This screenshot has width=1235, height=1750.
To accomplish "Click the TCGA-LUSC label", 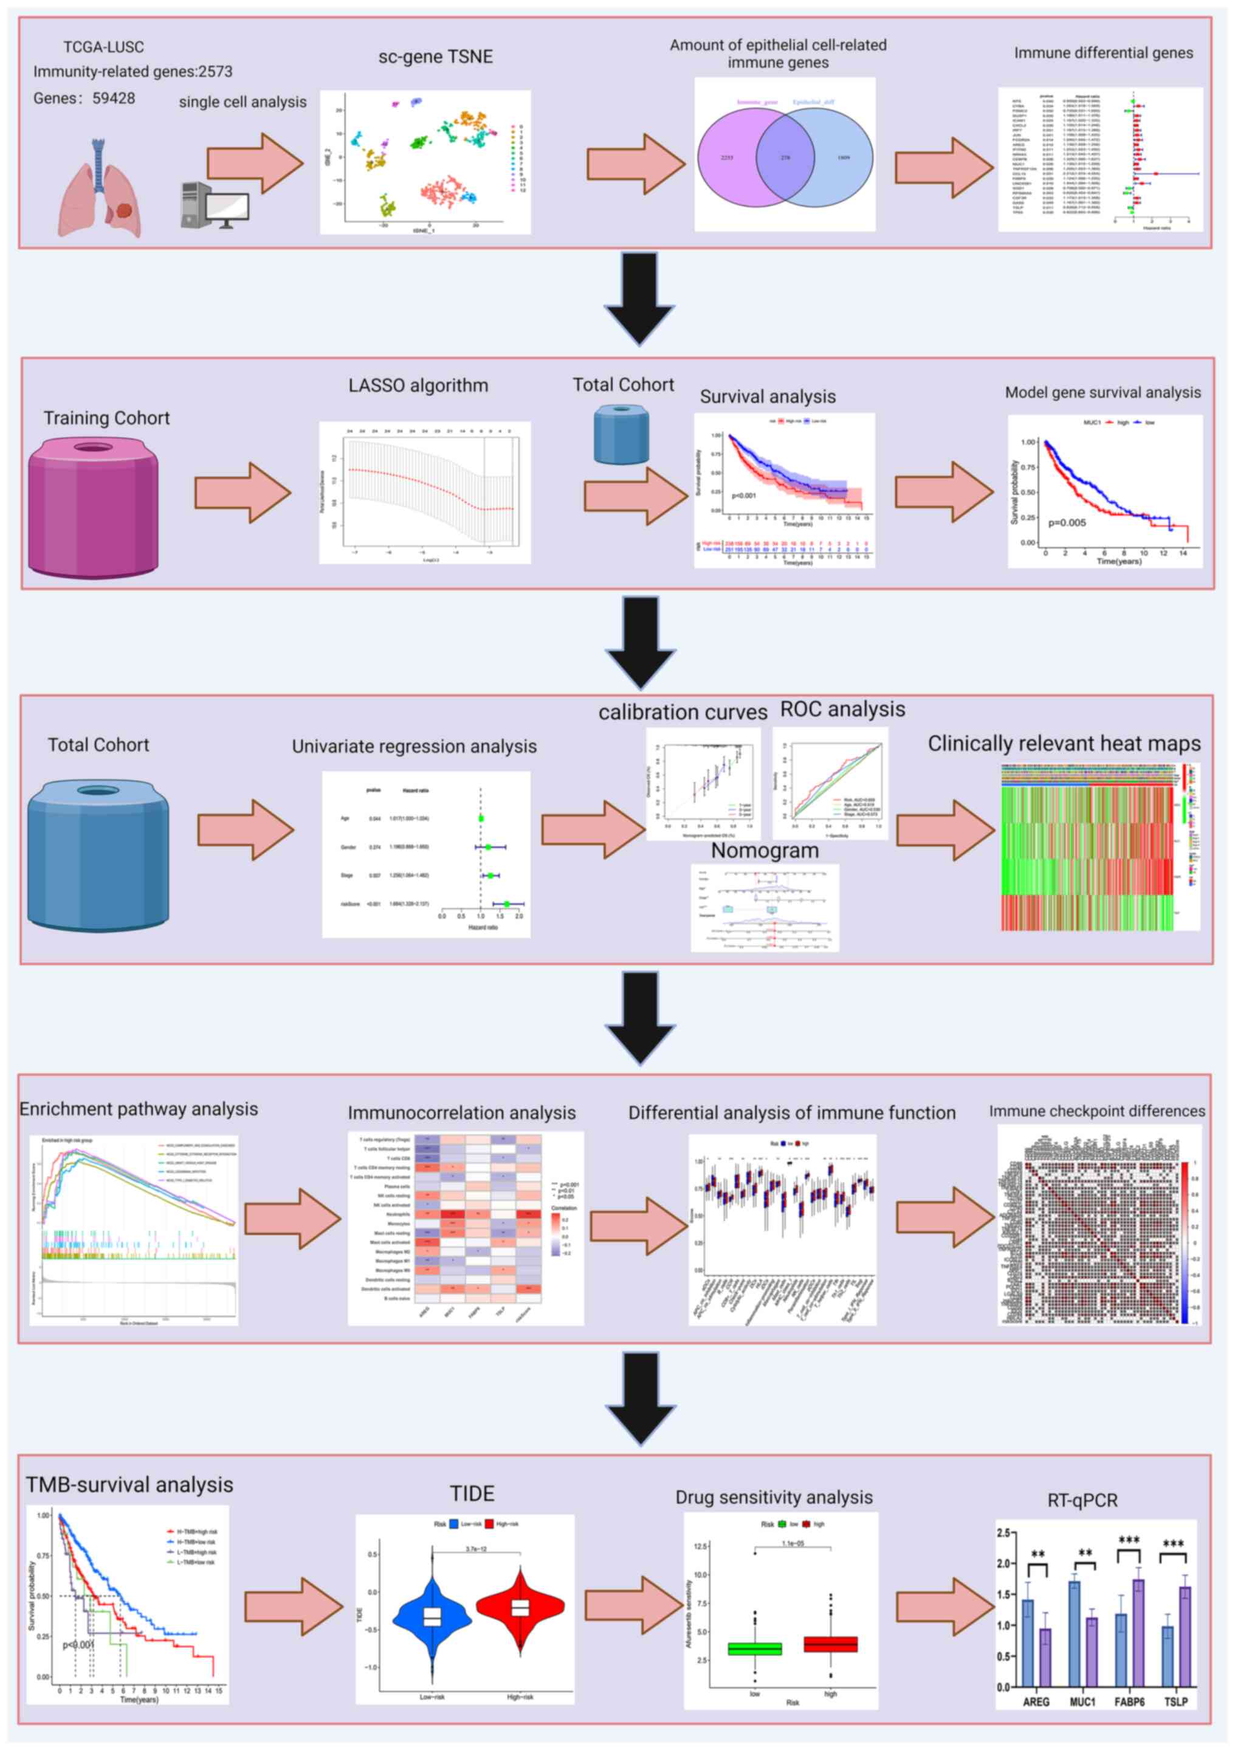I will (x=103, y=47).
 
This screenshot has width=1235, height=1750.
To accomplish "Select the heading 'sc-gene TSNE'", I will (x=435, y=57).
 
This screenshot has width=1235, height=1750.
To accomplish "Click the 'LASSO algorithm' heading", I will (x=418, y=386).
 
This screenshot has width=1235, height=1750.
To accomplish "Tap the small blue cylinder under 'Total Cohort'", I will (x=621, y=434).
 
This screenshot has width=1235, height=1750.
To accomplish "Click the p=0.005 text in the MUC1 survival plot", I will (x=1067, y=523).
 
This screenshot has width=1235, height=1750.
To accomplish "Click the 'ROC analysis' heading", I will (x=842, y=710).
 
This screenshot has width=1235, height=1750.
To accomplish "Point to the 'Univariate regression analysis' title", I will (x=414, y=746).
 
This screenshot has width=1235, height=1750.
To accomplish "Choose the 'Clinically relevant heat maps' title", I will (x=1064, y=744).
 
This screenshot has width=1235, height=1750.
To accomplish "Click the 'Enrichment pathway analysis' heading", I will (x=139, y=1109).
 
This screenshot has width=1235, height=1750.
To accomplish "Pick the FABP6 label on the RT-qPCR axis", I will (x=1129, y=1701).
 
